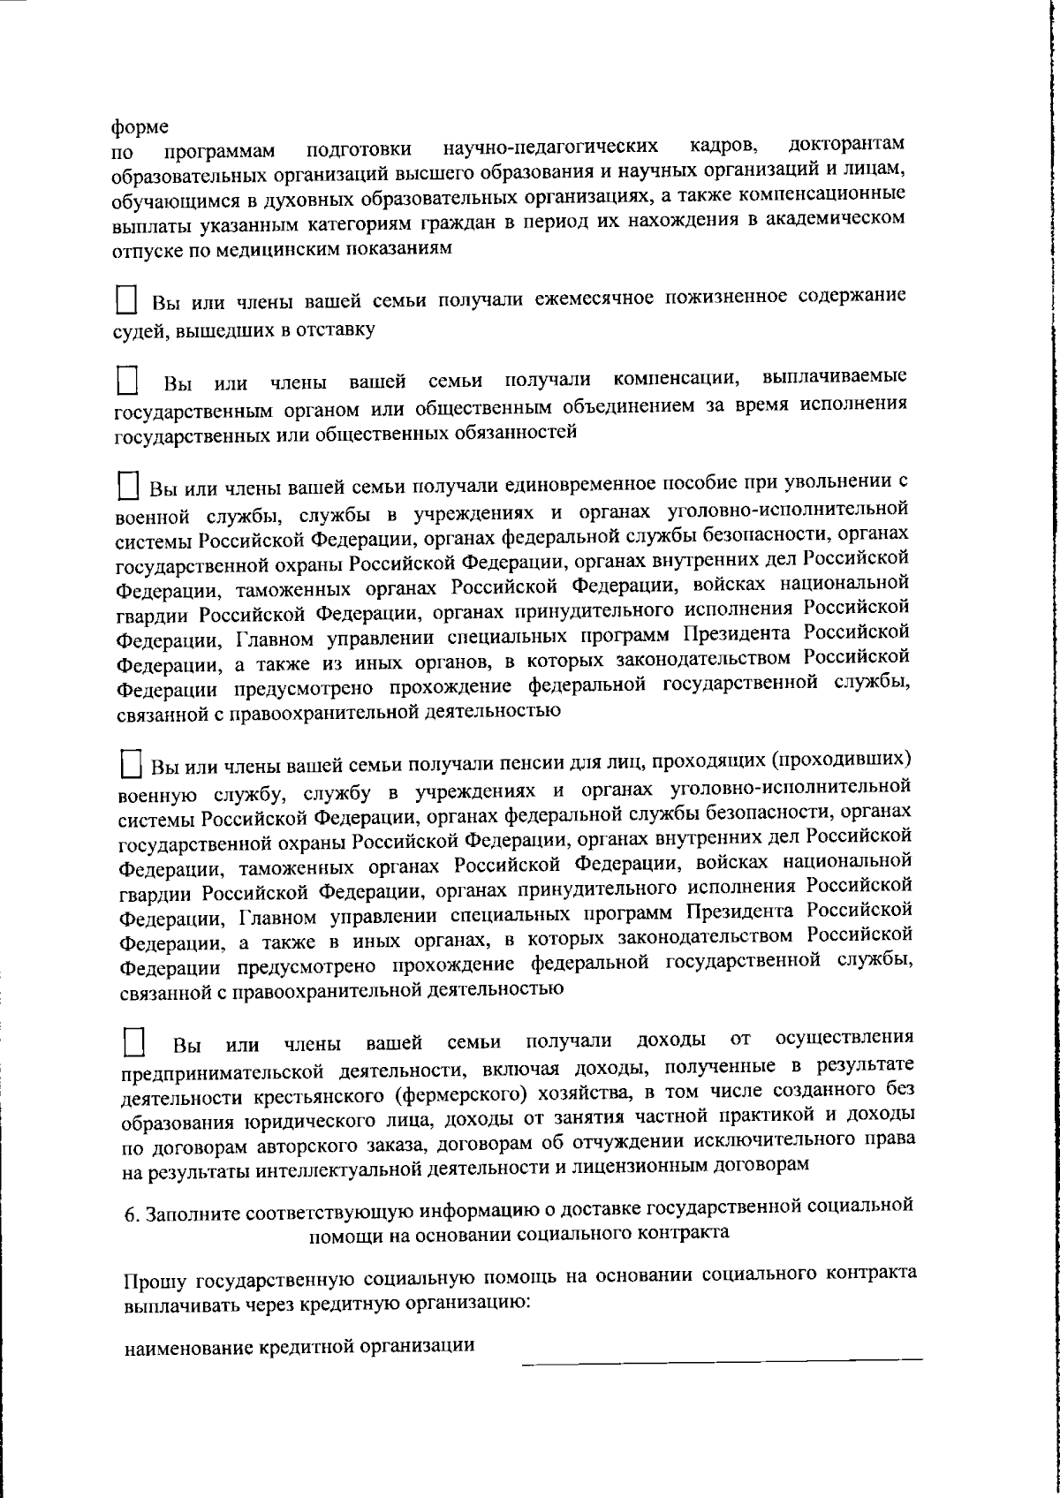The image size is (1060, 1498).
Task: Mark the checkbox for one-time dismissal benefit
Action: (x=129, y=486)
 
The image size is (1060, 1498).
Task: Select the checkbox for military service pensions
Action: (x=131, y=763)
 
